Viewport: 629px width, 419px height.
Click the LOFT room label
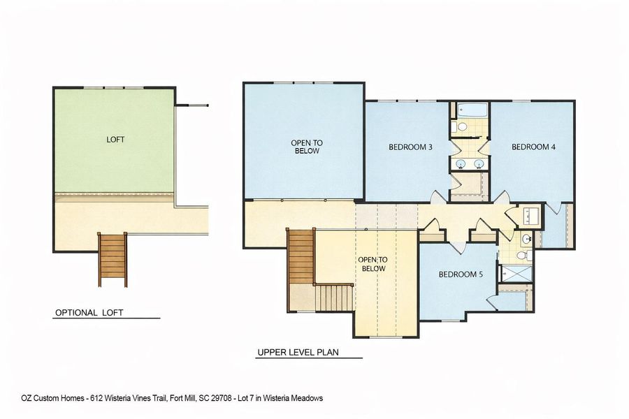115,140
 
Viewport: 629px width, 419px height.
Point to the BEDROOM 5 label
461,274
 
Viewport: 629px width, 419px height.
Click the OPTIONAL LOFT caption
89,313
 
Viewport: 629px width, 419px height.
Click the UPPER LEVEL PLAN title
298,353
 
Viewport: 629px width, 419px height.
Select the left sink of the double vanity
461,163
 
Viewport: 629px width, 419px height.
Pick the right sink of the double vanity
479,163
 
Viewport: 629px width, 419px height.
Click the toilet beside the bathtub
463,127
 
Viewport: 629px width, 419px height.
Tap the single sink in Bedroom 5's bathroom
526,240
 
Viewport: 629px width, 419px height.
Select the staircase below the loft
113,259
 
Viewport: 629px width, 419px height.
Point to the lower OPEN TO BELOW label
373,264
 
